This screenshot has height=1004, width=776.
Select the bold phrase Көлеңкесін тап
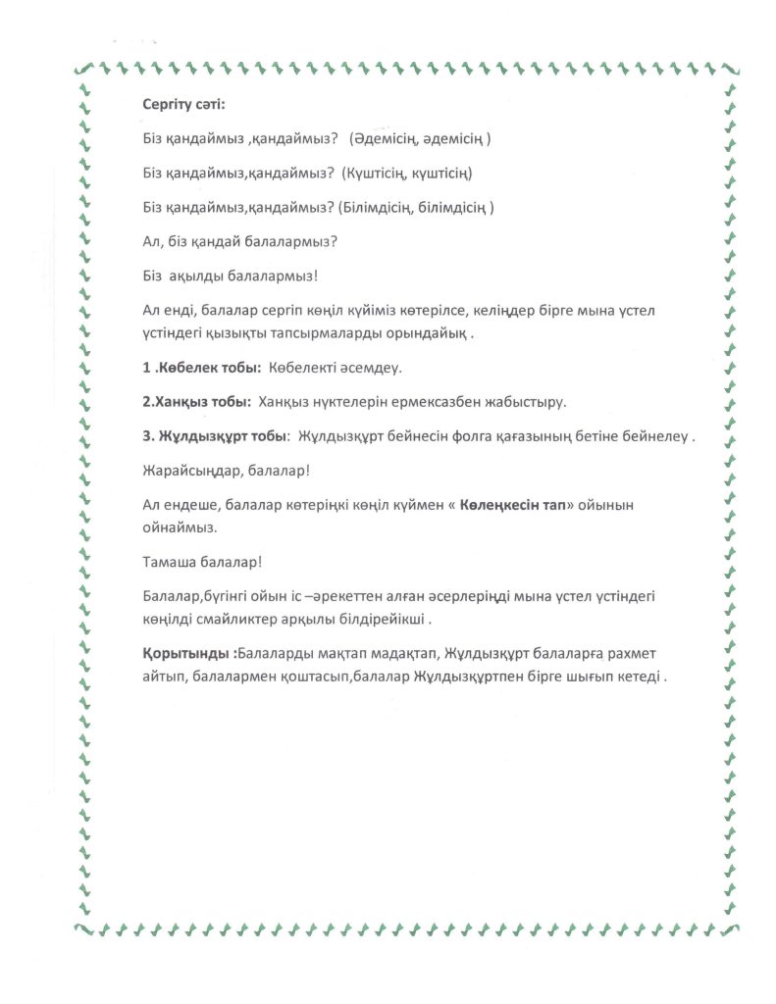pos(523,505)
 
